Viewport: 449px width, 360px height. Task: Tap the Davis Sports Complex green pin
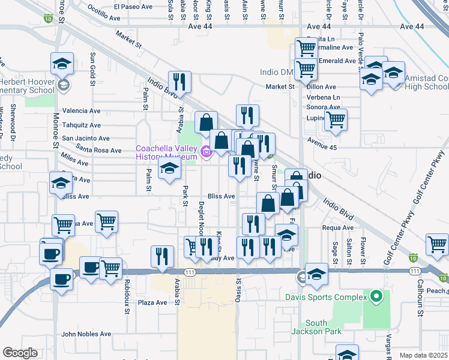[376, 297]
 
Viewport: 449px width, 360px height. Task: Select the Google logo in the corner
[20, 353]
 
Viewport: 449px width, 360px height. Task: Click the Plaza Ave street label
[152, 302]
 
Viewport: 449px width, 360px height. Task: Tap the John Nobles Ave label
[86, 334]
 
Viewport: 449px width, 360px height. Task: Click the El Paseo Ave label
[134, 7]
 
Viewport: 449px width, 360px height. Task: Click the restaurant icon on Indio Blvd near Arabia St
[179, 82]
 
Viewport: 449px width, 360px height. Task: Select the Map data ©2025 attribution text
[424, 355]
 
